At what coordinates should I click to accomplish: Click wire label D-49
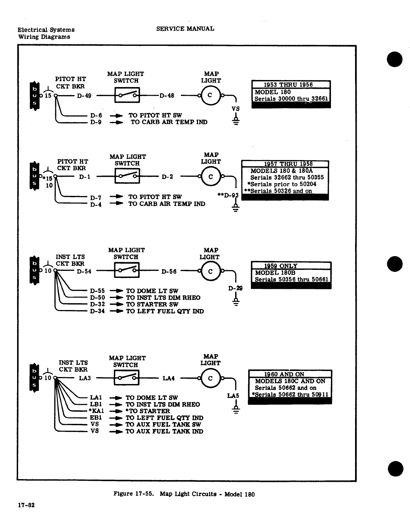click(84, 96)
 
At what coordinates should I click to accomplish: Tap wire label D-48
click(167, 95)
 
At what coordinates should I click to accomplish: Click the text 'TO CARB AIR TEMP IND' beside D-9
click(169, 122)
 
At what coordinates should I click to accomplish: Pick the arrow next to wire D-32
click(116, 305)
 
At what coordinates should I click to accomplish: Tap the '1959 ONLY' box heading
click(281, 266)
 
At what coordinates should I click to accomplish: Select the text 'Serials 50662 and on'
click(285, 388)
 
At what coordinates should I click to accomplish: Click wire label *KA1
click(96, 411)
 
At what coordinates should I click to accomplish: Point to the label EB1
click(96, 418)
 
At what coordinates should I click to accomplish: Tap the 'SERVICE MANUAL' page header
click(185, 29)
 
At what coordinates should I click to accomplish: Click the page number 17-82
click(26, 505)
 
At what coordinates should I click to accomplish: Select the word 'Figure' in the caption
click(124, 494)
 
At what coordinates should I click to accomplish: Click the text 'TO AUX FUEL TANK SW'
click(163, 425)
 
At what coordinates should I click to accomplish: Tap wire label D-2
click(167, 177)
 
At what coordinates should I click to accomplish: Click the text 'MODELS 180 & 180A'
click(282, 171)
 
